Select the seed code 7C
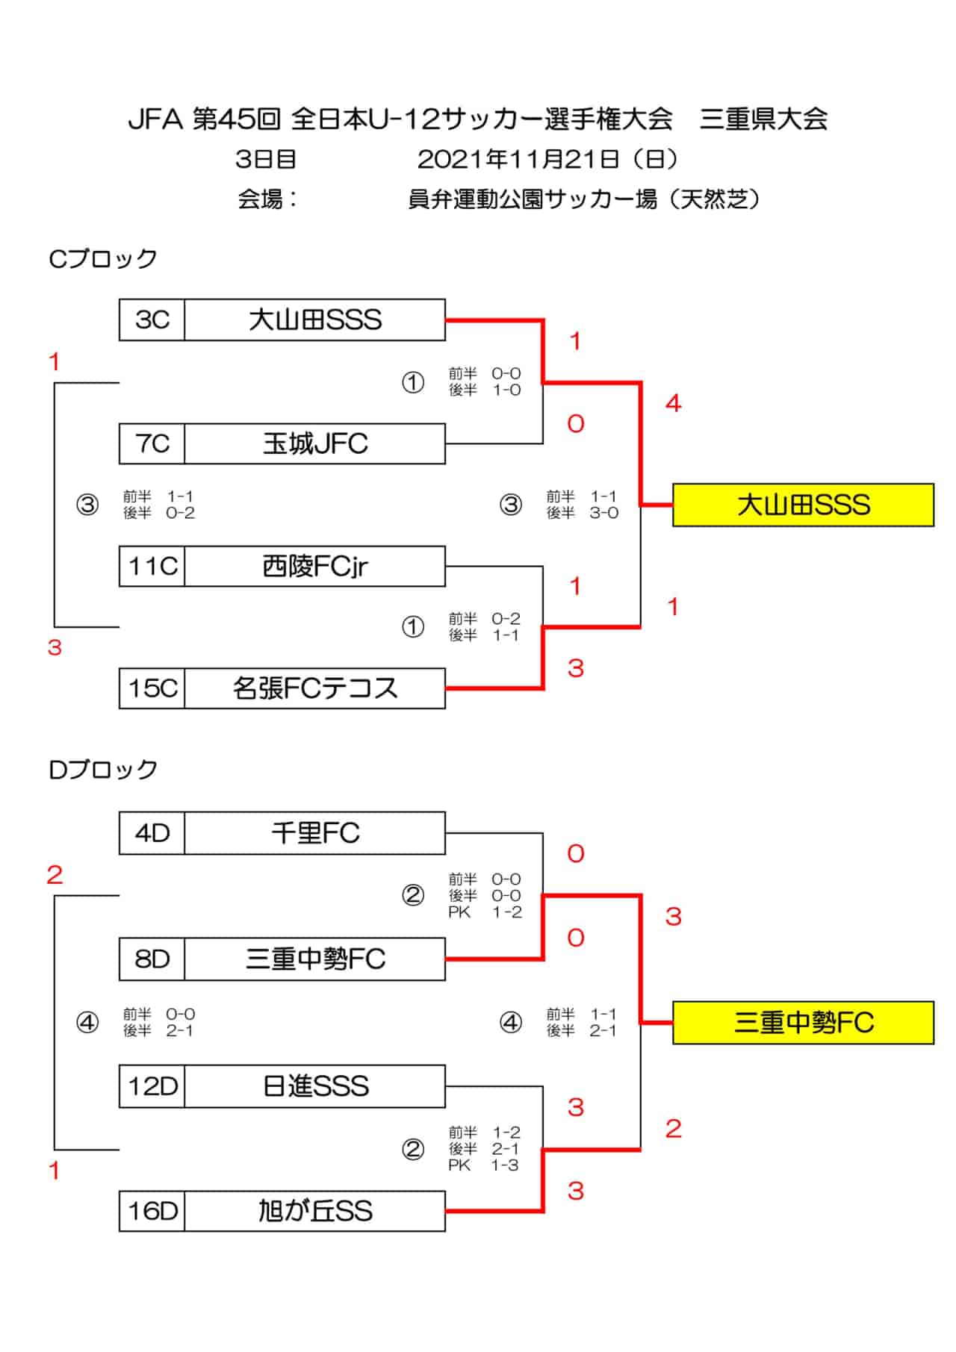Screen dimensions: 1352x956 coord(152,443)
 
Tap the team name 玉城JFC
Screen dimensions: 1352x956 coord(314,443)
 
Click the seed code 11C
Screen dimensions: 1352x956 coord(152,566)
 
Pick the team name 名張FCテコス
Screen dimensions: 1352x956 coord(314,688)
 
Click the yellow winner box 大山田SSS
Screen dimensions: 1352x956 coord(803,505)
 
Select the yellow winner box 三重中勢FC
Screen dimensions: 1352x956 coord(803,1022)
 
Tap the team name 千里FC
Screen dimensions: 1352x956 coord(314,832)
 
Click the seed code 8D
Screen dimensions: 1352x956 coord(152,959)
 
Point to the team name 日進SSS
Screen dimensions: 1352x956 coord(314,1085)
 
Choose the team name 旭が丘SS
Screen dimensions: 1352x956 coord(314,1210)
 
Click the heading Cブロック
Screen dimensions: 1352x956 coord(102,258)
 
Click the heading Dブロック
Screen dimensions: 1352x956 coord(102,769)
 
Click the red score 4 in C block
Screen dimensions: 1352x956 coord(673,404)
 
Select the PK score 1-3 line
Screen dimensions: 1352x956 coord(483,1165)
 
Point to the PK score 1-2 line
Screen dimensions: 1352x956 coord(485,912)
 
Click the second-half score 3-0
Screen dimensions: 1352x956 coord(603,513)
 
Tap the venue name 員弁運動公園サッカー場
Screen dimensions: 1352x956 coord(533,199)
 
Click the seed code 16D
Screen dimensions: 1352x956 coord(152,1210)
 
